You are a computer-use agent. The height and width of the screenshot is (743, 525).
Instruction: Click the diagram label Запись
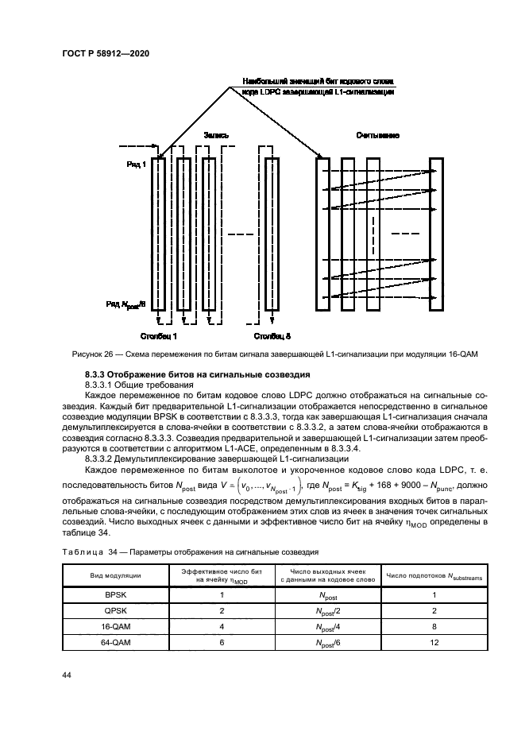217,135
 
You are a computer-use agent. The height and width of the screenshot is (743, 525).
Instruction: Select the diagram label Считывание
377,135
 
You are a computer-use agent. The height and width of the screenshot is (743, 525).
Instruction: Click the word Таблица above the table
83,550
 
